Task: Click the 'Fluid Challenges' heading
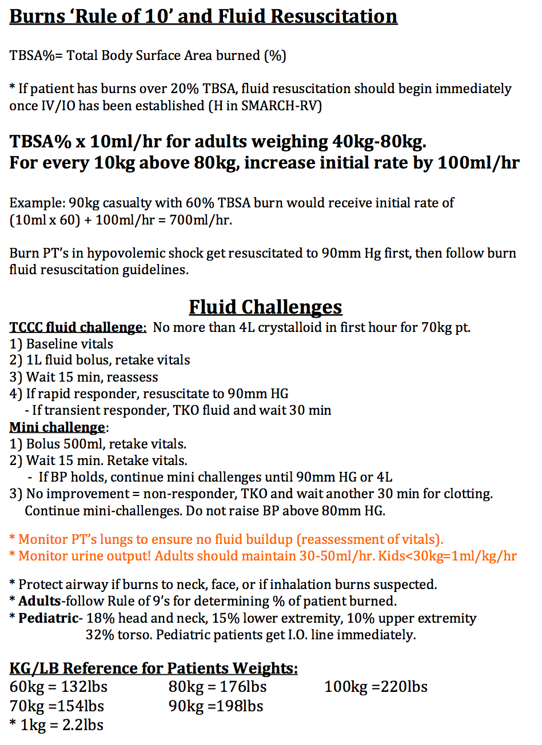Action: coord(265,307)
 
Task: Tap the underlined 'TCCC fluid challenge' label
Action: coord(78,327)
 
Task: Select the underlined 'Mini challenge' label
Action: coord(57,427)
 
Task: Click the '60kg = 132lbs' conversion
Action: coord(58,687)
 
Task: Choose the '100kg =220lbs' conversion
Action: coord(376,687)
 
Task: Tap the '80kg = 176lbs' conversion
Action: coord(217,687)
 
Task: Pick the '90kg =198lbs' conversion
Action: coord(216,706)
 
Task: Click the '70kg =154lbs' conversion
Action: coord(57,706)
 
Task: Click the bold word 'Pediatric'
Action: coord(48,618)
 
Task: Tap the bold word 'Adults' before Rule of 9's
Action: coord(39,601)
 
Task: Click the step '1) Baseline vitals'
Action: coord(61,344)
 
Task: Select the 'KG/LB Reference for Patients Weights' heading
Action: coord(153,668)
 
